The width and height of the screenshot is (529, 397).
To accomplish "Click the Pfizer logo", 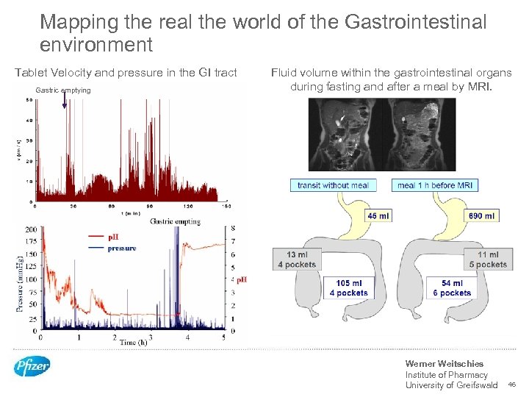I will (32, 365).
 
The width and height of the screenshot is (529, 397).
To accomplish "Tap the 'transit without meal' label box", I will (333, 185).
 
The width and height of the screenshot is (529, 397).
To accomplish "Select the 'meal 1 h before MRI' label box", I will (435, 185).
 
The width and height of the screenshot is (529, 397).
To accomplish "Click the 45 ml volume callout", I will (378, 215).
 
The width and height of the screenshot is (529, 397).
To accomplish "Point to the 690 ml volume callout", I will (481, 215).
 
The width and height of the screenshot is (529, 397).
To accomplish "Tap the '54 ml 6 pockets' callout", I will (452, 287).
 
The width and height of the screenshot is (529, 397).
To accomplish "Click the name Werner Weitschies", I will (444, 364).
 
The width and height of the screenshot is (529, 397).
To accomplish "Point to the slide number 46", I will (512, 385).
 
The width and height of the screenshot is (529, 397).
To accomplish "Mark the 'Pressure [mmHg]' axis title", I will (20, 282).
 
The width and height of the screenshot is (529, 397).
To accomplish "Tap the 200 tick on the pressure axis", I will (32, 229).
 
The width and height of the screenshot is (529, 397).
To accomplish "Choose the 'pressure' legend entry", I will (122, 248).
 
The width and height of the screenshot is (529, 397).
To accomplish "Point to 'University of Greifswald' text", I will (451, 385).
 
